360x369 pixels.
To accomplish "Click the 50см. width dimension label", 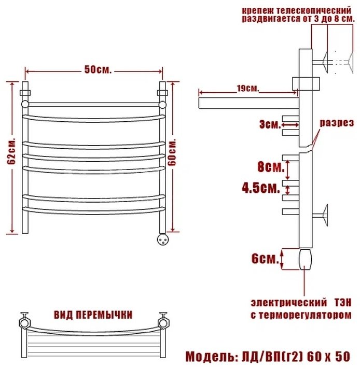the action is (x=98, y=69).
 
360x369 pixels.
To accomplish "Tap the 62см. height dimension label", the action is (x=11, y=151).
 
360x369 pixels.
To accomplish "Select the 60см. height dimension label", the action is (x=172, y=152).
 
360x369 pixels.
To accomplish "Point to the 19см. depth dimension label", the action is (x=248, y=89).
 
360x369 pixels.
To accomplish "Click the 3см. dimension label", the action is (x=270, y=124).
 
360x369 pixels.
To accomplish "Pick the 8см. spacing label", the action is (x=271, y=167).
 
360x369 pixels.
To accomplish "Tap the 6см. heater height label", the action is (x=265, y=259).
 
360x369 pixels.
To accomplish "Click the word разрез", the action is (x=337, y=123).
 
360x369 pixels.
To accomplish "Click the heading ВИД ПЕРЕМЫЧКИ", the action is (x=93, y=315).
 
